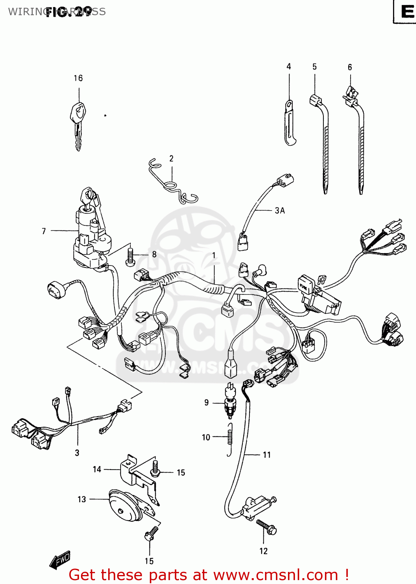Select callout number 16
click(78, 78)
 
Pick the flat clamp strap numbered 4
click(290, 123)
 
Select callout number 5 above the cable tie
click(314, 67)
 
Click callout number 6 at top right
click(349, 67)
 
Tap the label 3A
click(280, 211)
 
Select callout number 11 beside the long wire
click(267, 455)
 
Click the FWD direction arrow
click(60, 561)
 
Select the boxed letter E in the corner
click(406, 12)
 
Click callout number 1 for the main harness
click(214, 255)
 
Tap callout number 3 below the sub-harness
click(77, 453)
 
